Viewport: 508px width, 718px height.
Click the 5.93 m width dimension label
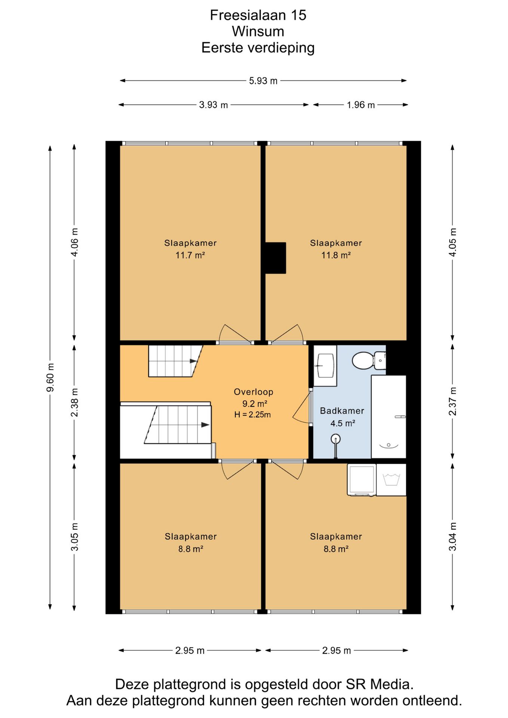point(263,81)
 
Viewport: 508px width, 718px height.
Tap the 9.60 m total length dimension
point(50,377)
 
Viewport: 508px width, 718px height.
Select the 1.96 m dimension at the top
point(361,105)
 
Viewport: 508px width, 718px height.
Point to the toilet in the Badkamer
point(369,360)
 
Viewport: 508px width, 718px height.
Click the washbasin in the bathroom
point(325,365)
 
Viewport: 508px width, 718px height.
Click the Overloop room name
point(253,392)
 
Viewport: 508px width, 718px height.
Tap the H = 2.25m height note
point(253,414)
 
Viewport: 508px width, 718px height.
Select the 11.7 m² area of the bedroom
point(190,255)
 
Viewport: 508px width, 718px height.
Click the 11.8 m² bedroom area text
point(336,255)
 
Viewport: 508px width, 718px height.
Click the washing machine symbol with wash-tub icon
point(391,480)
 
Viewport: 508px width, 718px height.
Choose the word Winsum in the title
point(258,31)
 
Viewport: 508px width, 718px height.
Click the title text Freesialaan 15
point(258,15)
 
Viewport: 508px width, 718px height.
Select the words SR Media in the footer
point(379,684)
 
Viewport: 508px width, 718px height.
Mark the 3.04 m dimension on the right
point(453,537)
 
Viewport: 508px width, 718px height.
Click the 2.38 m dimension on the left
point(74,402)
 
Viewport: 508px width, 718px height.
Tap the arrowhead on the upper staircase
point(193,361)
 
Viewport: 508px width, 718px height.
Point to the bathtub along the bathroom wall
point(389,417)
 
